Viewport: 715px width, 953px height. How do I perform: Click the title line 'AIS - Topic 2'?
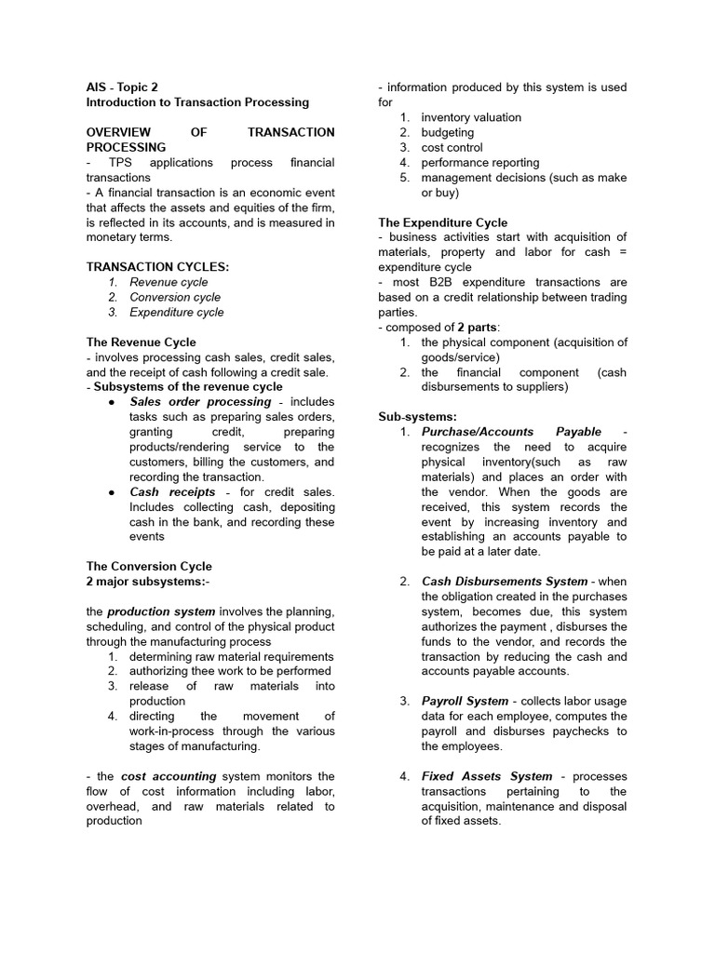[x=122, y=87]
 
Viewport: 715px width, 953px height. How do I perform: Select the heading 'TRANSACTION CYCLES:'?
[x=157, y=267]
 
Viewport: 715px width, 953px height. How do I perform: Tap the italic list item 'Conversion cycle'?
[x=175, y=297]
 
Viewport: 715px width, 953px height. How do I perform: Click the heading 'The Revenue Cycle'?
[x=141, y=342]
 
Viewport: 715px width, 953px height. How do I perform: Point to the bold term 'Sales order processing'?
[x=200, y=402]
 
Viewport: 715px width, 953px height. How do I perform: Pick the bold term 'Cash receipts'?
[x=172, y=491]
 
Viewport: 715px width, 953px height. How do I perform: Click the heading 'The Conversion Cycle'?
[x=149, y=566]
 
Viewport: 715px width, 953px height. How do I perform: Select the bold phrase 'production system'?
[x=161, y=611]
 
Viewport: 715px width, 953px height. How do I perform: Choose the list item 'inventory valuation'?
[x=471, y=117]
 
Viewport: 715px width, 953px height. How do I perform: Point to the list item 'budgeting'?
[x=447, y=132]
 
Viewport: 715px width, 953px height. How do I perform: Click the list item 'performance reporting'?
[x=479, y=163]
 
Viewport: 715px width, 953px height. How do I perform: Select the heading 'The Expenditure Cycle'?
[x=443, y=222]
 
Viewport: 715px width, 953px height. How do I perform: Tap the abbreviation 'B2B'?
[x=445, y=282]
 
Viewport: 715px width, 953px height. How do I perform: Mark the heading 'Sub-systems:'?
[x=418, y=417]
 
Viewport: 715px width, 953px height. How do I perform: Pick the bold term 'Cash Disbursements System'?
[x=505, y=582]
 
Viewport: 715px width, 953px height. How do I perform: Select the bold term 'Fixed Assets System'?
[x=487, y=776]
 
